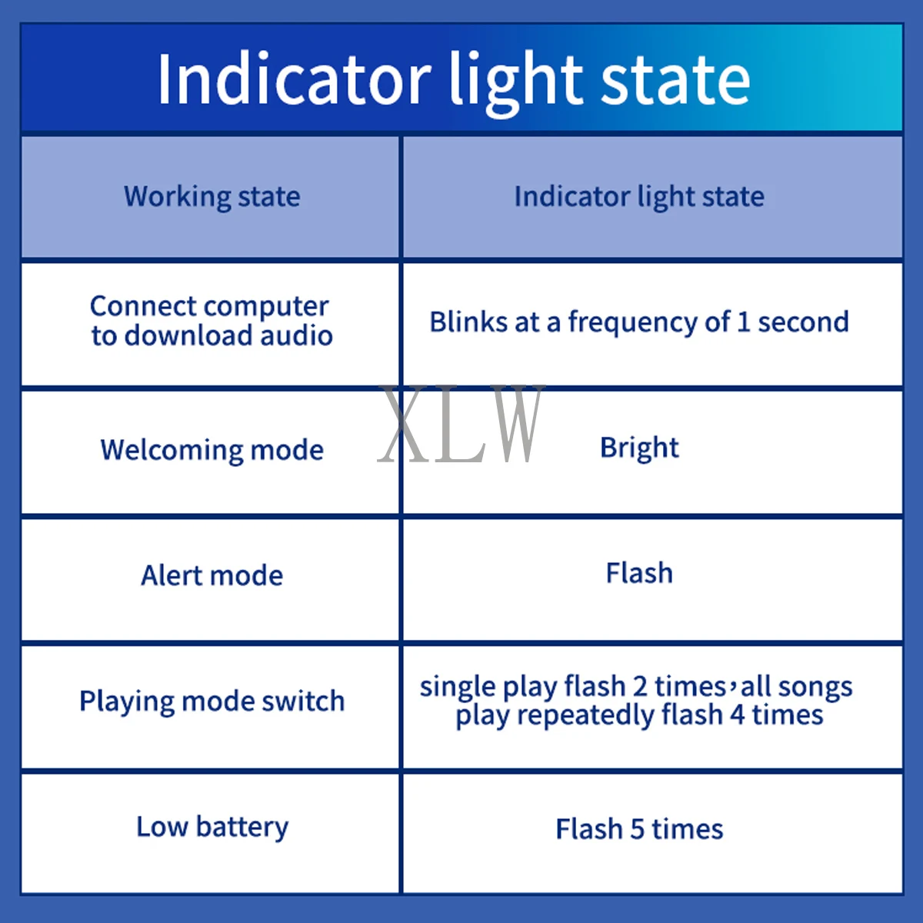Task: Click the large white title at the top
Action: (x=454, y=79)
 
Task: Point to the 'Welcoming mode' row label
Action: (x=212, y=450)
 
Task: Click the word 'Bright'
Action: (x=639, y=448)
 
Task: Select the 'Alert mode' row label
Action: (x=212, y=575)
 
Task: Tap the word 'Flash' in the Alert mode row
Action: (x=639, y=573)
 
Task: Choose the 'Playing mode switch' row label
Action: (x=212, y=701)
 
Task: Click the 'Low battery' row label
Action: (x=212, y=827)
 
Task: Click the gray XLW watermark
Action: (x=461, y=423)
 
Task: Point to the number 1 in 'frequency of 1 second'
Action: (x=743, y=322)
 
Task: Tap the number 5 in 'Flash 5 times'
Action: (x=637, y=830)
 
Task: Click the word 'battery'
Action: (x=242, y=828)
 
